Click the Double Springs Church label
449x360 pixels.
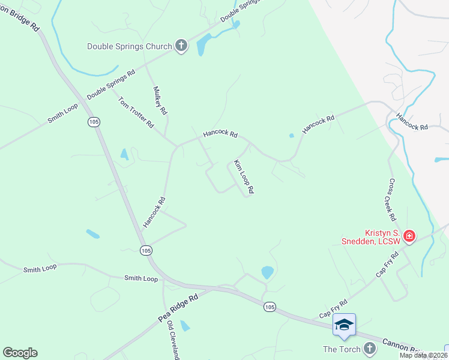(x=130, y=46)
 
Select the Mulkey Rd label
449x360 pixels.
(x=160, y=101)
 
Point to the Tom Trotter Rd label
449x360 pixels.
(x=136, y=113)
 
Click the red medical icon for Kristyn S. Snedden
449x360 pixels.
(x=409, y=236)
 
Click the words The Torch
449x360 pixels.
(x=342, y=349)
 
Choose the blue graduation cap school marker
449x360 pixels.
(x=344, y=325)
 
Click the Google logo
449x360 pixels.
(x=20, y=353)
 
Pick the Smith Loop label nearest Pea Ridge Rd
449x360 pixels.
(x=140, y=278)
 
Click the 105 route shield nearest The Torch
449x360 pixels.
(x=270, y=307)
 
